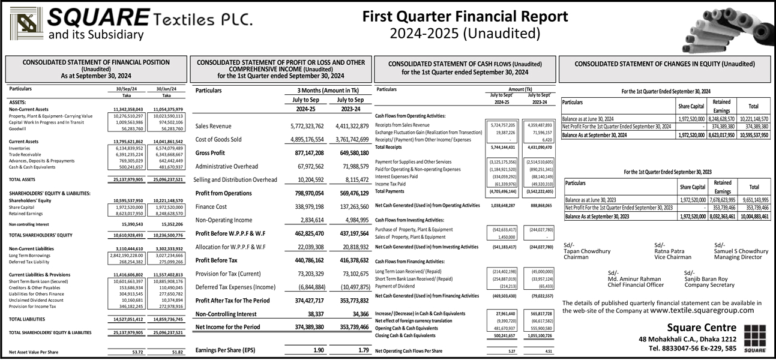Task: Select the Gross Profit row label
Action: pyautogui.click(x=211, y=153)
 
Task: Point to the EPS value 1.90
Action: pyautogui.click(x=319, y=350)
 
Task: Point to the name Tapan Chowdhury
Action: pyautogui.click(x=588, y=251)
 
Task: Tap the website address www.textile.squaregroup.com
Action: pyautogui.click(x=702, y=311)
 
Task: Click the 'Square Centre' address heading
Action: pyautogui.click(x=701, y=327)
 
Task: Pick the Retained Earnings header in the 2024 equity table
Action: pyautogui.click(x=721, y=106)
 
